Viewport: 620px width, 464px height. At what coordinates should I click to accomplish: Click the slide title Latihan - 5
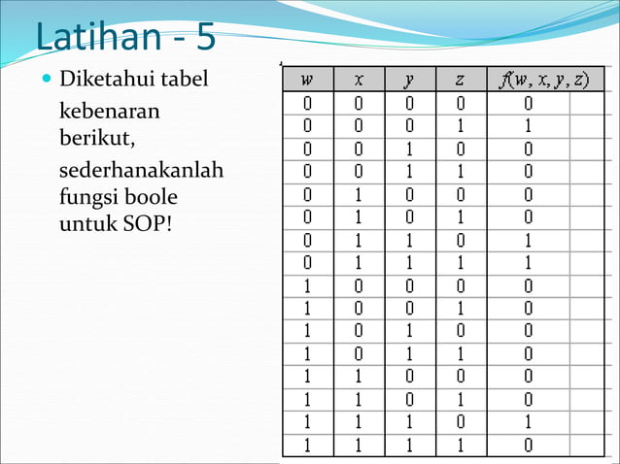point(125,39)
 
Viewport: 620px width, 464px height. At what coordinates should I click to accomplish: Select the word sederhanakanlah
point(141,170)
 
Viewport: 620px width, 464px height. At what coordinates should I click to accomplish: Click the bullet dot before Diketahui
point(48,78)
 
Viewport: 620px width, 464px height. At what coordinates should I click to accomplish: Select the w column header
point(307,79)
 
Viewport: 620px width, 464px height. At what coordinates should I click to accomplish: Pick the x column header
point(359,79)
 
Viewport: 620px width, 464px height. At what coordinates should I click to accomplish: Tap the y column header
point(409,79)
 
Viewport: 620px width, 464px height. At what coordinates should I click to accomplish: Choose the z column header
point(461,79)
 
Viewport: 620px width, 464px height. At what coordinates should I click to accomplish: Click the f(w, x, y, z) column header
point(542,79)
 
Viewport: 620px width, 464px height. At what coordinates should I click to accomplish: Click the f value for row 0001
point(528,125)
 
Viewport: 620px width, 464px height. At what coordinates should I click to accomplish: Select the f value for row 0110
point(528,239)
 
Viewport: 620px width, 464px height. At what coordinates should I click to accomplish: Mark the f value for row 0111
point(528,262)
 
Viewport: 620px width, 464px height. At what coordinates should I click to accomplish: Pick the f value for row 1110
point(528,423)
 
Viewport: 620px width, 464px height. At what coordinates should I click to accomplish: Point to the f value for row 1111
point(528,447)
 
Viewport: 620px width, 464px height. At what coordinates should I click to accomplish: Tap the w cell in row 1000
point(307,285)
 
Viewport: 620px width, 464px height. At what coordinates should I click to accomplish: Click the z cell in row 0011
point(461,171)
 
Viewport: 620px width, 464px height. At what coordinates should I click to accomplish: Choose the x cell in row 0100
point(359,194)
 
